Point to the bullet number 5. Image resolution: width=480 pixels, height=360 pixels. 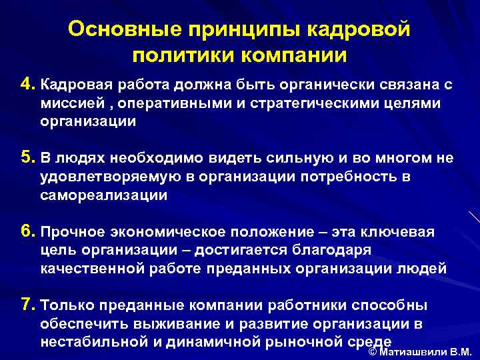(x=27, y=158)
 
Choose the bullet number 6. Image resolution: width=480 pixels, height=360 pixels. (x=27, y=231)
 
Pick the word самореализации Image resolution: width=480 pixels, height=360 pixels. (x=104, y=195)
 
